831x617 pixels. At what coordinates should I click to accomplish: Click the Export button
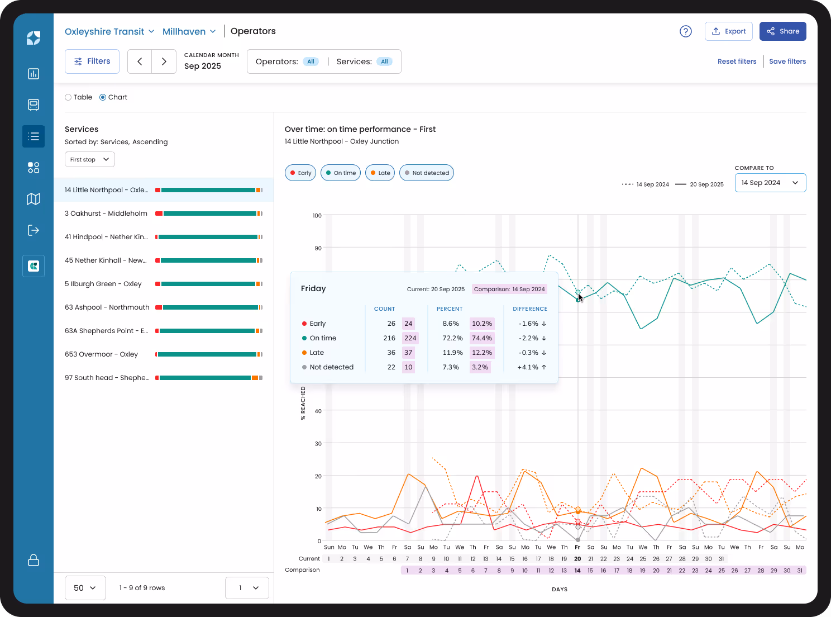tap(728, 31)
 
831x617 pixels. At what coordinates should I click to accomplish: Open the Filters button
tap(92, 61)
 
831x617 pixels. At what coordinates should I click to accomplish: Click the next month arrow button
tap(164, 61)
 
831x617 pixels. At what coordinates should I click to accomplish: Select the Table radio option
tap(69, 97)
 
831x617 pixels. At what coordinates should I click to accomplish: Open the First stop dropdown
tap(89, 159)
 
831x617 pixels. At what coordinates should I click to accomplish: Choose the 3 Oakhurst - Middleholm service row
tap(106, 213)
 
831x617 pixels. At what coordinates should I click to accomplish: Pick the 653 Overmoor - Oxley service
tap(101, 354)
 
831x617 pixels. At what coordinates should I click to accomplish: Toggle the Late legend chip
tap(380, 173)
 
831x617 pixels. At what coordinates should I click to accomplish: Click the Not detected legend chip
tap(427, 173)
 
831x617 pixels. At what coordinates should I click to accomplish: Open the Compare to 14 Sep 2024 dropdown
tap(770, 183)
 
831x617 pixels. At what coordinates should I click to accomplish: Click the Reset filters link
tap(737, 61)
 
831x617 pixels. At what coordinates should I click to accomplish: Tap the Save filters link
tap(787, 61)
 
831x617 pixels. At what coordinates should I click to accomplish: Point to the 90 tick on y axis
tap(318, 248)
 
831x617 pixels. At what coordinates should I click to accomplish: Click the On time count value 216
tap(389, 338)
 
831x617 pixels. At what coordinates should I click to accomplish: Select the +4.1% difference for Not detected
tap(528, 367)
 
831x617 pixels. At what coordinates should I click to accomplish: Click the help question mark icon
tap(685, 31)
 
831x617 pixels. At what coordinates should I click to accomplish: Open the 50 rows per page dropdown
tap(85, 588)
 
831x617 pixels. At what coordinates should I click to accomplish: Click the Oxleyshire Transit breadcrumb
tap(104, 31)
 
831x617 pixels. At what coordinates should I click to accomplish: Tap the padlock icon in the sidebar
tap(34, 560)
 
